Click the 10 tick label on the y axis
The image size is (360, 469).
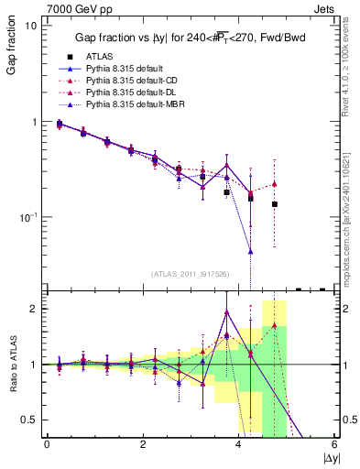[30, 26]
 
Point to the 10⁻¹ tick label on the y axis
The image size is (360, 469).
[27, 216]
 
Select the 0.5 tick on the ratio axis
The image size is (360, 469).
[27, 420]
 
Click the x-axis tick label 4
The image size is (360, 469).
[239, 443]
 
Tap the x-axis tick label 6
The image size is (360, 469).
[335, 443]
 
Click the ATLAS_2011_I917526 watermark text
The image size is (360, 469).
[190, 274]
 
